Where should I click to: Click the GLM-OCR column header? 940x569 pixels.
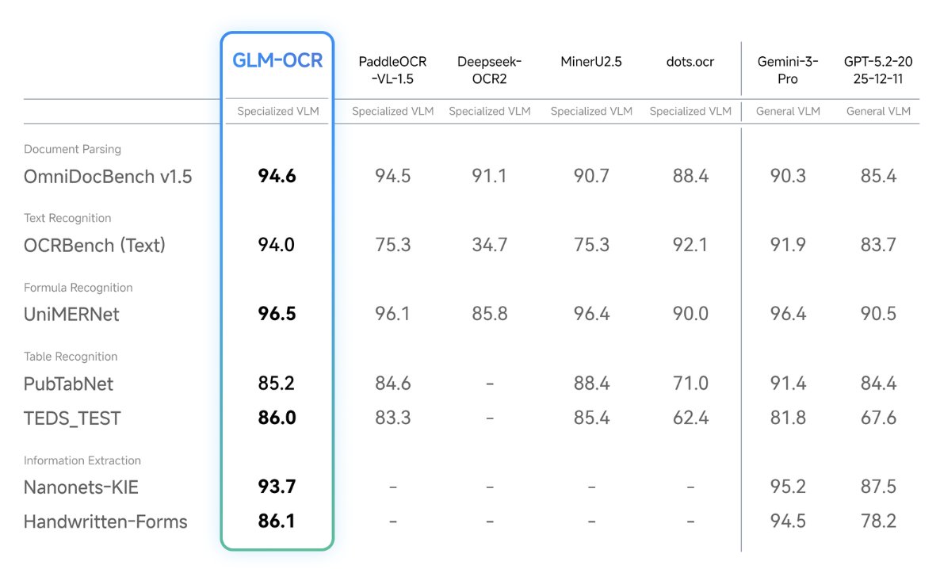[277, 61]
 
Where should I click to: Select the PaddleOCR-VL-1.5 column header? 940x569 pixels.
[392, 70]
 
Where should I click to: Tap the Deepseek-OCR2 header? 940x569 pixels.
[490, 70]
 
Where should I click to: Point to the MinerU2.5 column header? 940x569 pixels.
[591, 62]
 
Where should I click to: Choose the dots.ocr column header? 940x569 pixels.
[690, 62]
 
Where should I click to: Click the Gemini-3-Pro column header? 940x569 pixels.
[788, 70]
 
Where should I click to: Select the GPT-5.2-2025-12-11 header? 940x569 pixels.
[878, 70]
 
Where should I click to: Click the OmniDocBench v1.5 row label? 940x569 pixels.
[108, 176]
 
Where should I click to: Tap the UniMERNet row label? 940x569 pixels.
[71, 314]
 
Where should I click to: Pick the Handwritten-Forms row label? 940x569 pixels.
[105, 521]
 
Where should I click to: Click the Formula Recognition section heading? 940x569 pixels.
[78, 288]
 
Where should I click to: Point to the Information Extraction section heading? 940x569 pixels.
[82, 460]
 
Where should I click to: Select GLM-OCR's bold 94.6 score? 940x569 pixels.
[277, 176]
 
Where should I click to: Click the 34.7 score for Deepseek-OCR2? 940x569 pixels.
[490, 245]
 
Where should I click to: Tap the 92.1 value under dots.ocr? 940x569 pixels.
[690, 245]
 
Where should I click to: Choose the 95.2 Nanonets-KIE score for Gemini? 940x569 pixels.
[788, 487]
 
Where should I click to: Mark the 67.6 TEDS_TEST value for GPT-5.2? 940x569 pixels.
[878, 418]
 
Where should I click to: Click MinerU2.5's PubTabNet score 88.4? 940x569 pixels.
[591, 384]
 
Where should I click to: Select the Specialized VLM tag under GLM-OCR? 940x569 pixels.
[277, 112]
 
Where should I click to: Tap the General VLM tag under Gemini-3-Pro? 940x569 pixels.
[788, 112]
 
